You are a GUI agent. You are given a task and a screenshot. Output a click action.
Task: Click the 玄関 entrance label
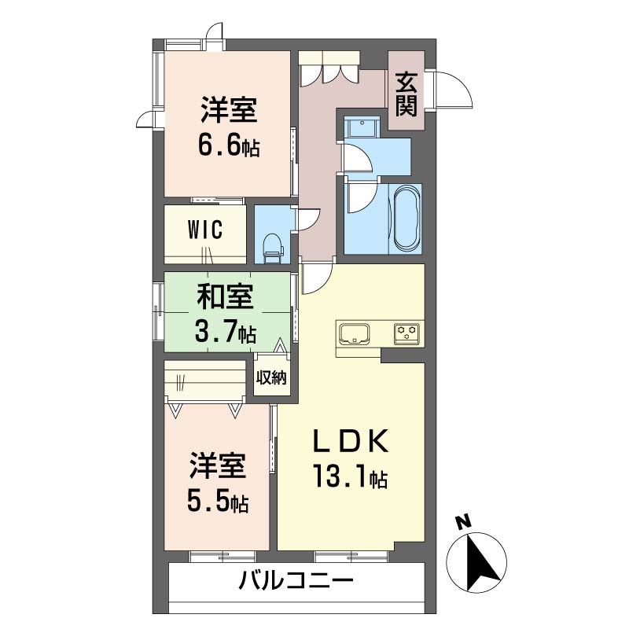coord(406,94)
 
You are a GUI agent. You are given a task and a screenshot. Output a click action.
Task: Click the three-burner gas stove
coord(408,333)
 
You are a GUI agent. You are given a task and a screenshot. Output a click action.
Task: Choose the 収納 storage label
coord(270,377)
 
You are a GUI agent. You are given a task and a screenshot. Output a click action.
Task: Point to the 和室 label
coord(224,299)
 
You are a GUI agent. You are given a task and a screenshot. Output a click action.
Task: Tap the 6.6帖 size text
coord(229,145)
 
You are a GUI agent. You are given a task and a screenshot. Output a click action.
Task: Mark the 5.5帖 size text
coord(218,500)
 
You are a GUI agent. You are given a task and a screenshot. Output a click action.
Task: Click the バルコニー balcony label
coord(296,583)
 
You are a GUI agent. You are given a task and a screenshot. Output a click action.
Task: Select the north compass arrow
coord(479,560)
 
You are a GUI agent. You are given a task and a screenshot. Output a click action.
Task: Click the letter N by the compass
coord(465,521)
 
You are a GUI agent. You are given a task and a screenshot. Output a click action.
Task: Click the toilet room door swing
coord(307,219)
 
